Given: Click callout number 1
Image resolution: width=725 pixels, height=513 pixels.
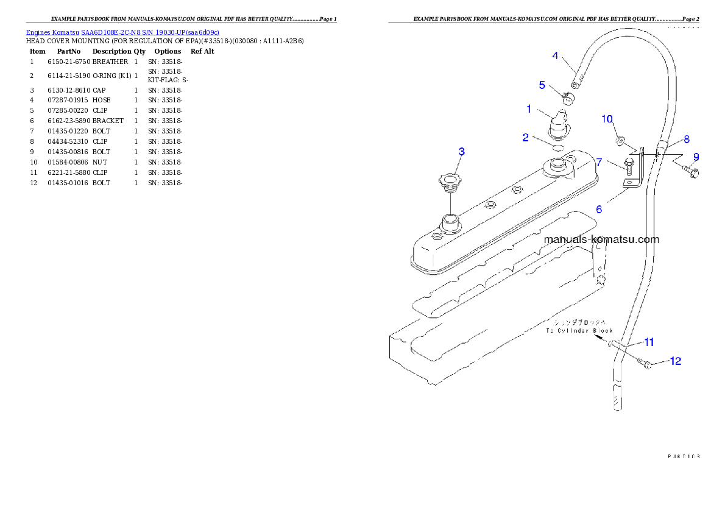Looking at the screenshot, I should coord(529,109).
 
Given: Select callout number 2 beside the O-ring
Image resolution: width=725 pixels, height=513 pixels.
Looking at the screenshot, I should coord(525,138).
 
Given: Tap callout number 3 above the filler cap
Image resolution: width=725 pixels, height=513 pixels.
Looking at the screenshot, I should coord(461,152).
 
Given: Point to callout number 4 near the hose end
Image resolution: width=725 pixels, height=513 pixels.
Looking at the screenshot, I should coord(555,55).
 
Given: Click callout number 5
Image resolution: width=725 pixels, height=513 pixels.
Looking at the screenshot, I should coord(542,85).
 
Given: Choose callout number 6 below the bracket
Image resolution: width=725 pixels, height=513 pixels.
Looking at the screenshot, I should coord(599,209).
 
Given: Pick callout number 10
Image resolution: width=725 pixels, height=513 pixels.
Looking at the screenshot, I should coord(607,119).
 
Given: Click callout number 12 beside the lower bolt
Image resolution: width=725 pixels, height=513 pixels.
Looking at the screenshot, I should coord(675,361).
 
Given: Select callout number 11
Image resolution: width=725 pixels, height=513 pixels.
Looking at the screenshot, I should coord(649,341).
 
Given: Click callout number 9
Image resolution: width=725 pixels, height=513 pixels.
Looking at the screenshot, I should coord(696,157).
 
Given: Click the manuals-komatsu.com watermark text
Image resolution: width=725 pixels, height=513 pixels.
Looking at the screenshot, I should coord(602,239).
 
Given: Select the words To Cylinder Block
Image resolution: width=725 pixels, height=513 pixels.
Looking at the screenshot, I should coord(579,330).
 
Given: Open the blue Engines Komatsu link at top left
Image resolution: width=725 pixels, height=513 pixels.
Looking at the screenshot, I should coord(122,32).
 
